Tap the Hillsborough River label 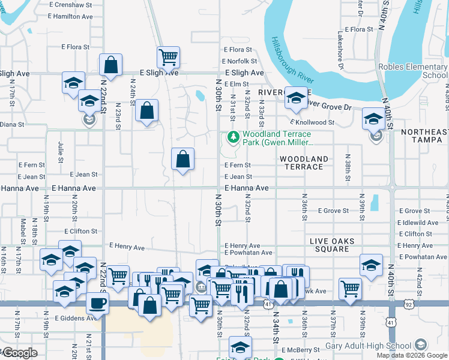click(x=292, y=58)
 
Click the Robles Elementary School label click(x=413, y=71)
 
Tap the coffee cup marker click(x=98, y=304)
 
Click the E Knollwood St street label click(x=328, y=122)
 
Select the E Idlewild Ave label click(x=418, y=223)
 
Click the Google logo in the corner click(x=19, y=353)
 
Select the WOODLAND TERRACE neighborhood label click(x=304, y=163)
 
